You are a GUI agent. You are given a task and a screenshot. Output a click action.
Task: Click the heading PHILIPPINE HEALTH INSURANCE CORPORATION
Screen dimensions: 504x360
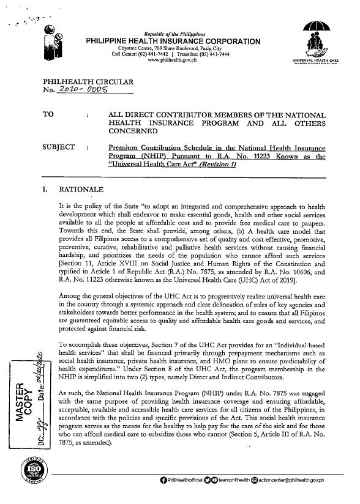point(174,41)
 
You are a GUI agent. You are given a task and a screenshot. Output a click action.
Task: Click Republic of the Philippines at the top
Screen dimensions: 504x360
point(174,33)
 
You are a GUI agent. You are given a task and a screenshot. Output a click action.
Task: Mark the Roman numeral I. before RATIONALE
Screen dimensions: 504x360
point(46,189)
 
